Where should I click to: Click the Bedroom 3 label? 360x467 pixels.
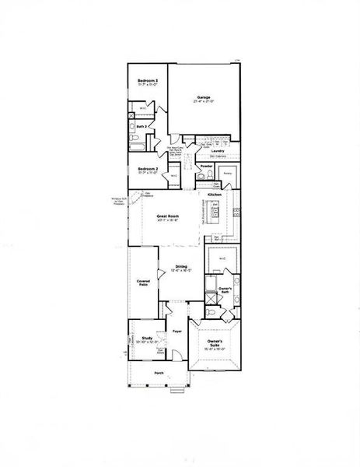tap(148, 81)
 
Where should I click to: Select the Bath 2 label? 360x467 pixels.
tap(142, 126)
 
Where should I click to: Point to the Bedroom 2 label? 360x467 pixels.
tap(148, 168)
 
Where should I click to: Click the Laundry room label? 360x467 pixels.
tap(218, 151)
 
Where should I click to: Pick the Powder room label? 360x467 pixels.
tap(207, 167)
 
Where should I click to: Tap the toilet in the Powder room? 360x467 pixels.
tap(201, 177)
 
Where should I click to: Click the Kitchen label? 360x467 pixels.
tap(215, 195)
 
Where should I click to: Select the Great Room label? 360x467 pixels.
tap(168, 216)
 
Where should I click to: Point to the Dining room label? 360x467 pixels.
tap(180, 266)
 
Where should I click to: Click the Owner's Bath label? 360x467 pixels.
tap(226, 290)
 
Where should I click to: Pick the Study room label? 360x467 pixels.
tap(146, 338)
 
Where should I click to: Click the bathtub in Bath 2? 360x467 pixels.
tap(134, 141)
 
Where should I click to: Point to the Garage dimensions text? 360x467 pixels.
tap(204, 103)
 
